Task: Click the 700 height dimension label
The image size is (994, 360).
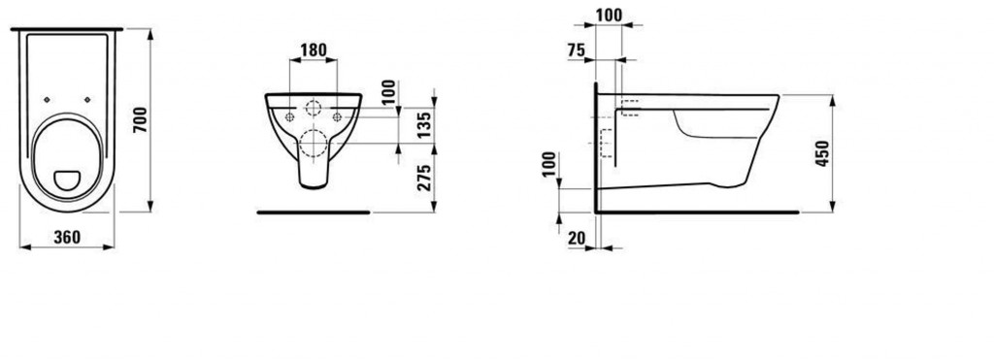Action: (140, 119)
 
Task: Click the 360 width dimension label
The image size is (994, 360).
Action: (67, 238)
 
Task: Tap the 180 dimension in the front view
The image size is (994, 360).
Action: (314, 50)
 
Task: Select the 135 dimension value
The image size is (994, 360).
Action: (425, 124)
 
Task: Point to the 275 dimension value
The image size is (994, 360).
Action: (425, 179)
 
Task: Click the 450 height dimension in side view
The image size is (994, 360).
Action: (822, 153)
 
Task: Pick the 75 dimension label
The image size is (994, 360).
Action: (577, 51)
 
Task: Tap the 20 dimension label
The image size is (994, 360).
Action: (577, 238)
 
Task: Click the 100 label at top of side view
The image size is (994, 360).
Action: (610, 16)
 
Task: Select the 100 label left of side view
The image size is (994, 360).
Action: (549, 165)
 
